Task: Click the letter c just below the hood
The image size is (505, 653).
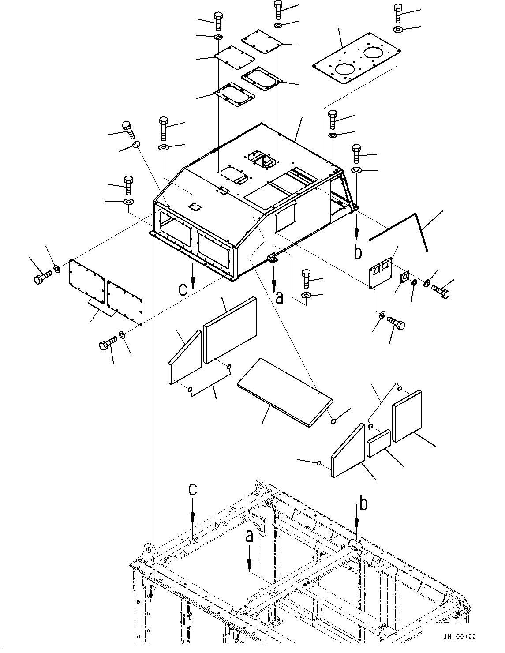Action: point(182,289)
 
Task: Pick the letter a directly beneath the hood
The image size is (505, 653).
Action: point(279,298)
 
